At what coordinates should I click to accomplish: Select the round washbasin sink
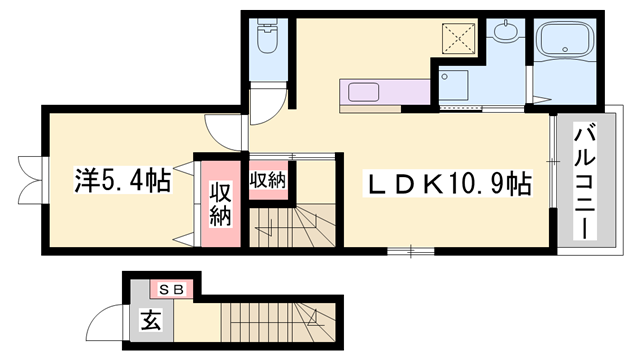pyautogui.click(x=505, y=32)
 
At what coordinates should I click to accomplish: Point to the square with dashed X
pyautogui.click(x=463, y=39)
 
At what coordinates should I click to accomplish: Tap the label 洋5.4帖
pyautogui.click(x=120, y=182)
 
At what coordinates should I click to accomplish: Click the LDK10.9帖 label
pyautogui.click(x=447, y=184)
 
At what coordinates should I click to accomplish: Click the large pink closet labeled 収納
pyautogui.click(x=220, y=203)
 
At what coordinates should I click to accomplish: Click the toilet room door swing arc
pyautogui.click(x=272, y=96)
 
